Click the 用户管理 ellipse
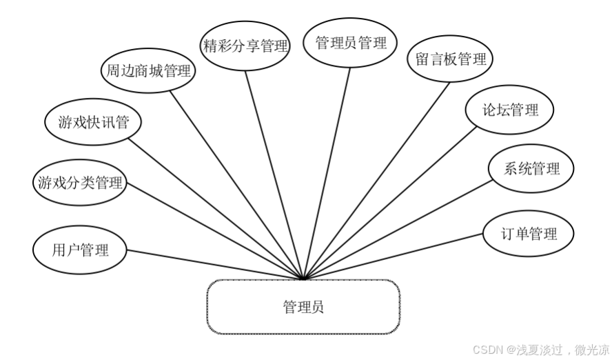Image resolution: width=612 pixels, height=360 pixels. [80, 249]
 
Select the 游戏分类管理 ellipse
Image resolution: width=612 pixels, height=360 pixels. [80, 183]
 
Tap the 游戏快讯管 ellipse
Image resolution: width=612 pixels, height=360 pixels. [94, 123]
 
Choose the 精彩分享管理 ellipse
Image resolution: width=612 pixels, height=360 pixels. [245, 46]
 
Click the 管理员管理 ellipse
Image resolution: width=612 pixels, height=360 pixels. [351, 43]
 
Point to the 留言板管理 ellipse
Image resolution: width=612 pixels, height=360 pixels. [451, 59]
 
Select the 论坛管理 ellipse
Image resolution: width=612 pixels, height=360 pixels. [509, 109]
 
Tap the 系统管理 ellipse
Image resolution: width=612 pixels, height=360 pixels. [531, 168]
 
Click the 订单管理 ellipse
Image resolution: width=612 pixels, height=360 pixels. [528, 233]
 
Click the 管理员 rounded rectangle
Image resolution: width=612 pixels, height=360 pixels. [303, 307]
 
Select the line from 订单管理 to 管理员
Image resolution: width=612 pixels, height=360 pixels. [393, 256]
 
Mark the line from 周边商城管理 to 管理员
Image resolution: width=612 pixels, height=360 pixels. [234, 183]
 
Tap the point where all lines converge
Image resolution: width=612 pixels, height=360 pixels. [303, 279]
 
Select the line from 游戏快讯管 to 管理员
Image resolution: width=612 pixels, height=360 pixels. [214, 207]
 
